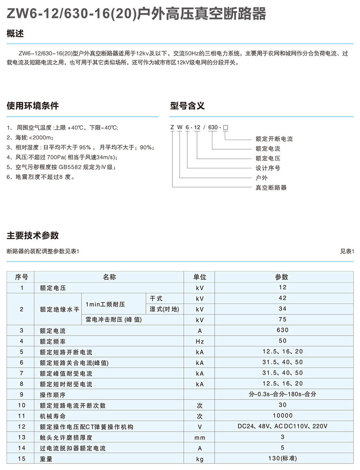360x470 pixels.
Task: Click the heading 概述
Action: point(15,34)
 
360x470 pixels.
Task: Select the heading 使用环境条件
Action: point(33,106)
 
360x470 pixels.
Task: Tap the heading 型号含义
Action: point(187,106)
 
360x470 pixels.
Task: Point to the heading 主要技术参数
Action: point(33,235)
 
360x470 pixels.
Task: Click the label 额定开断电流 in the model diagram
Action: point(274,139)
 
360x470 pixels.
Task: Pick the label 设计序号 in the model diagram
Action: point(268,168)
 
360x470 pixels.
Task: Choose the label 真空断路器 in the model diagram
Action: point(271,188)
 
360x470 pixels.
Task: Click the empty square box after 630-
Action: point(225,128)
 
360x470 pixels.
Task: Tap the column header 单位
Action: point(200,277)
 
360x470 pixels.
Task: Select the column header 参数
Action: point(282,277)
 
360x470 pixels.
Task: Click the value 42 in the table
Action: point(282,298)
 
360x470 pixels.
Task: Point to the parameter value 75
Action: point(282,319)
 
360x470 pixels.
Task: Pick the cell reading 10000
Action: point(282,416)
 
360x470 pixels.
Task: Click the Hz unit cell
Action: point(200,341)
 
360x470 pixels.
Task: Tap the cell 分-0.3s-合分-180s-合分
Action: point(282,394)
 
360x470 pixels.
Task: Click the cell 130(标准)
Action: point(282,459)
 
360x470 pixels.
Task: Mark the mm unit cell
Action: point(200,437)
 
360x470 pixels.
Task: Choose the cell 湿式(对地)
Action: point(164,309)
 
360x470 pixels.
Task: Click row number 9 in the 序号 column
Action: point(22,395)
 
